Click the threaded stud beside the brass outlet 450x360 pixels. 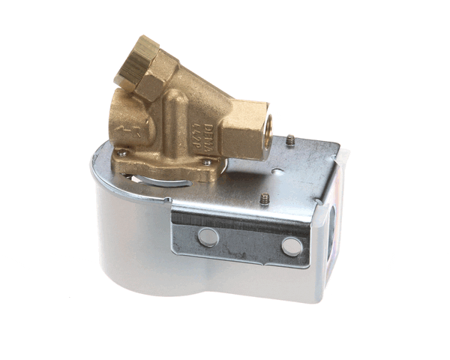tap(289, 140)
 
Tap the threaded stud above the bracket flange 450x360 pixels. tap(265, 199)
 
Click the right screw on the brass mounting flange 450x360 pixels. tap(206, 161)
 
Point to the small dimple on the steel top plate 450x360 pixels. tap(278, 171)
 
